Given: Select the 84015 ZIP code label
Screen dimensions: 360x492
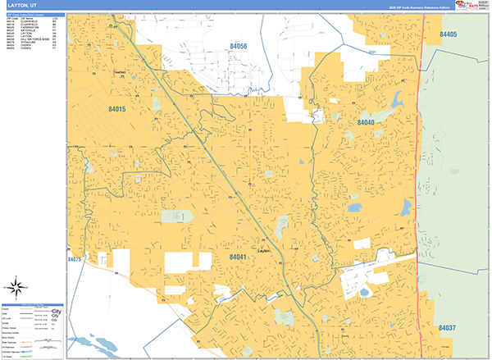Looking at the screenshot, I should (x=117, y=108).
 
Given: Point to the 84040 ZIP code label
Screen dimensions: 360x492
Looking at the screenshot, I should (x=366, y=122).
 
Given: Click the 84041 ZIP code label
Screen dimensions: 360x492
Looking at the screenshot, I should (x=239, y=257).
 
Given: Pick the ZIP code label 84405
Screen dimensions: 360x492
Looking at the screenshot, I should (x=448, y=34).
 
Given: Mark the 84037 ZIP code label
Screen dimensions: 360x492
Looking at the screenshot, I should (x=449, y=328).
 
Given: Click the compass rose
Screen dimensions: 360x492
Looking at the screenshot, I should (x=16, y=287).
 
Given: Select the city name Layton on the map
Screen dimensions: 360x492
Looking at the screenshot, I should (x=263, y=251).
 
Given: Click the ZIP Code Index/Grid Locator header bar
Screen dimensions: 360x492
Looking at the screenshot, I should (x=33, y=15).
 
